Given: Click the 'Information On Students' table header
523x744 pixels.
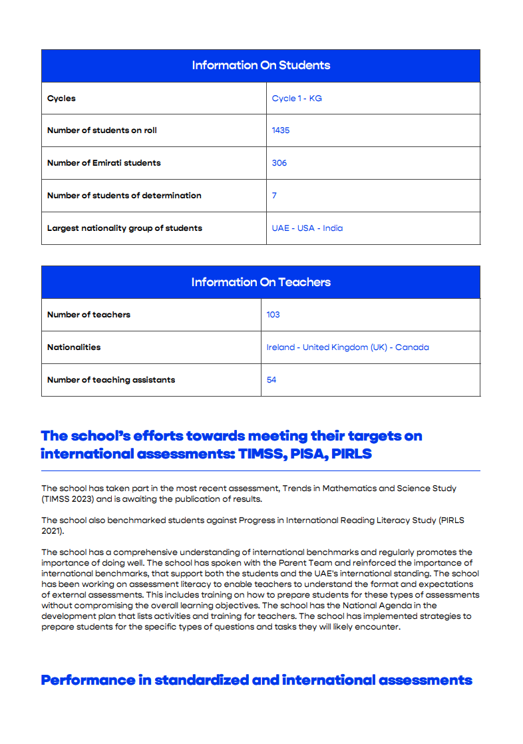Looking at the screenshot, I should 261,65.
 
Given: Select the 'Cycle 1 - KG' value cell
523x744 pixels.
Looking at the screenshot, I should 297,98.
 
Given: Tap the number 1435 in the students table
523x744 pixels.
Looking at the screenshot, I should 281,130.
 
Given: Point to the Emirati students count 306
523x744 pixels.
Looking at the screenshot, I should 279,163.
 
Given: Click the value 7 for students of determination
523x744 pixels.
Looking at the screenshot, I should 274,196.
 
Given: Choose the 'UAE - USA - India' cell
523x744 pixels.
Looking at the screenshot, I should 307,228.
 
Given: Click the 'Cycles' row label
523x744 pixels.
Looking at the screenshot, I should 61,98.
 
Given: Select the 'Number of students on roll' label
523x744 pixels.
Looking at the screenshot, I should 102,130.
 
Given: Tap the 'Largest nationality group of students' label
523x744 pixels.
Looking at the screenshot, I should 124,228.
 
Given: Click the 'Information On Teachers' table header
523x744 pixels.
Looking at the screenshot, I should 261,282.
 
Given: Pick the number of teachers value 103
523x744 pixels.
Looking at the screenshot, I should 273,315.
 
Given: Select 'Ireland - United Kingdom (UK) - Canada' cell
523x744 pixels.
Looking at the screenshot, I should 347,347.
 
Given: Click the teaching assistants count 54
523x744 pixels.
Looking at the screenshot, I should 271,380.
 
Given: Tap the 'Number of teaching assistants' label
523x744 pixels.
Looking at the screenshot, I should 111,380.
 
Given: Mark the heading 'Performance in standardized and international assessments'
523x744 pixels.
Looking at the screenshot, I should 256,680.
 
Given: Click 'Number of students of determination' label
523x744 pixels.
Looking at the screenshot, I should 124,196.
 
